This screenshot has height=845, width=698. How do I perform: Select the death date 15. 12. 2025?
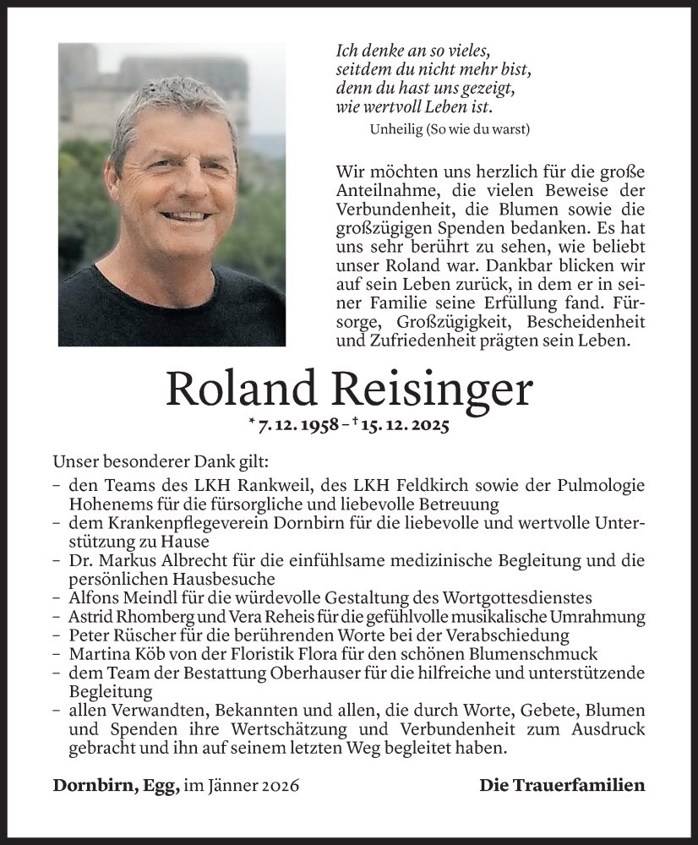(x=402, y=425)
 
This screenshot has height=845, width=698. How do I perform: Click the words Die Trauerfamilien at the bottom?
(x=562, y=785)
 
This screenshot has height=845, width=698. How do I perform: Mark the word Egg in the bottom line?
(x=163, y=786)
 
